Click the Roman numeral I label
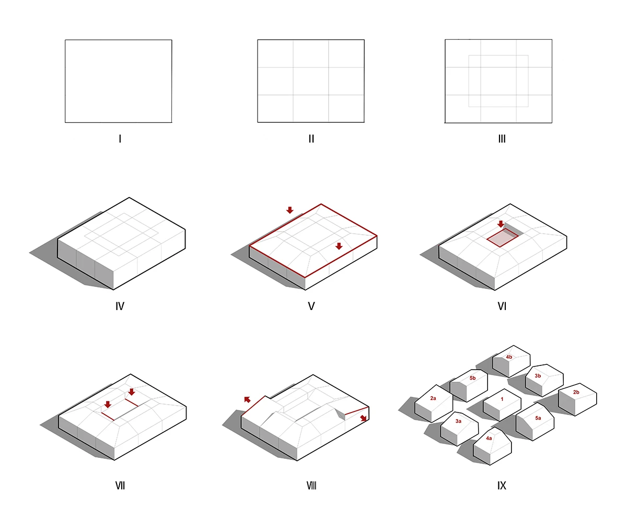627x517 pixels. pyautogui.click(x=120, y=139)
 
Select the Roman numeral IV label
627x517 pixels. pyautogui.click(x=120, y=306)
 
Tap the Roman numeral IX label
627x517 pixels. pyautogui.click(x=502, y=486)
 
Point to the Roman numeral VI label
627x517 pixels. pyautogui.click(x=502, y=306)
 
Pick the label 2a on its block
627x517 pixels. pyautogui.click(x=433, y=398)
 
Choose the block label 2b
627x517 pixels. pyautogui.click(x=576, y=392)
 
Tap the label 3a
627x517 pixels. pyautogui.click(x=458, y=421)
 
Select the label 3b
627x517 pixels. pyautogui.click(x=538, y=376)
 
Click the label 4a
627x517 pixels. pyautogui.click(x=489, y=438)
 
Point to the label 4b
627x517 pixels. pyautogui.click(x=509, y=357)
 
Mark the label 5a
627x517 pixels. pyautogui.click(x=538, y=418)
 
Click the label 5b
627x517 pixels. pyautogui.click(x=473, y=378)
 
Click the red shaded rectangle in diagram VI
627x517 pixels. pyautogui.click(x=502, y=238)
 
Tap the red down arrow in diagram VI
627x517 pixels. pyautogui.click(x=501, y=224)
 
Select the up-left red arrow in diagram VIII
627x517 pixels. pyautogui.click(x=247, y=399)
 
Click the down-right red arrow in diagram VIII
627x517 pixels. pyautogui.click(x=363, y=418)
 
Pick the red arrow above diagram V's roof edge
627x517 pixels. pyautogui.click(x=290, y=210)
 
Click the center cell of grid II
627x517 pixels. pyautogui.click(x=311, y=81)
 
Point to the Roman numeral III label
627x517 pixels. pyautogui.click(x=502, y=139)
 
